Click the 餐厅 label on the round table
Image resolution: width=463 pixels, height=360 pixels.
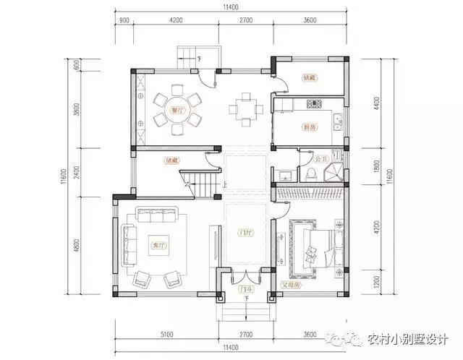[x=174, y=111]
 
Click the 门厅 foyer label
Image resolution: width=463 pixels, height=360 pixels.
[x=246, y=233]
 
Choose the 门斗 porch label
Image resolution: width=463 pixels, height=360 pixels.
[x=245, y=288]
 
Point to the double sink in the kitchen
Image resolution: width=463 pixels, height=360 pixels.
[x=337, y=120]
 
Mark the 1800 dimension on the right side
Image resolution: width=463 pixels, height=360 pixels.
[x=377, y=166]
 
